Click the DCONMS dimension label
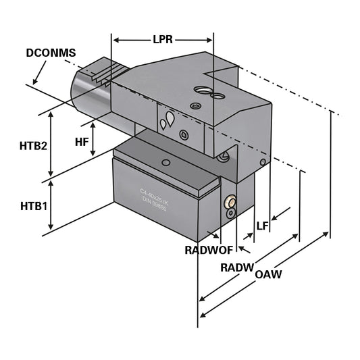pos(51,52)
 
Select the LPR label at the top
pos(161,40)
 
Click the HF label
pos(82,141)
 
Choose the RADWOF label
pos(209,250)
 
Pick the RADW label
pos(236,267)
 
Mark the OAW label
pos(268,275)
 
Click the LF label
pos(262,226)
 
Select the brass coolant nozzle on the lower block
pos(230,202)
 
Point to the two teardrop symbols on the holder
pos(166,122)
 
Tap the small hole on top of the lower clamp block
pos(165,163)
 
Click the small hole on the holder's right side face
pos(263,162)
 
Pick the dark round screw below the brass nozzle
pos(231,213)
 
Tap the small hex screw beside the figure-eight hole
pos(195,106)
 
